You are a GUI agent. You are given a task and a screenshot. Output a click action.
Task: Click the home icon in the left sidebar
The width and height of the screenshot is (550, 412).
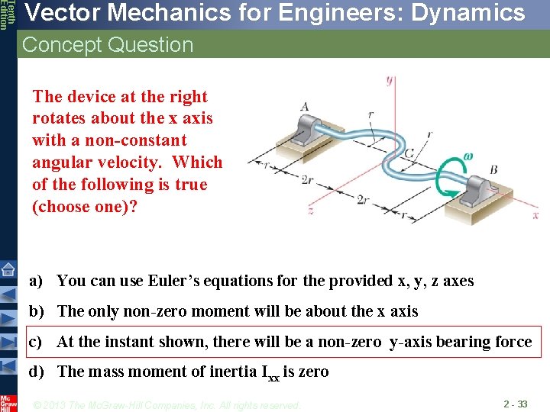pyautogui.click(x=8, y=269)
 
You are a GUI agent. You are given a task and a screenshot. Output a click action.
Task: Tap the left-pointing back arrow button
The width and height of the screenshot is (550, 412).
pyautogui.click(x=8, y=294)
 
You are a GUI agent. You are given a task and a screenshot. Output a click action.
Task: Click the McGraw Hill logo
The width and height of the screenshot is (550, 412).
pyautogui.click(x=8, y=402)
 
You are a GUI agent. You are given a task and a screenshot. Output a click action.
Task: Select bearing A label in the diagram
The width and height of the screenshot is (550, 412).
pyautogui.click(x=305, y=106)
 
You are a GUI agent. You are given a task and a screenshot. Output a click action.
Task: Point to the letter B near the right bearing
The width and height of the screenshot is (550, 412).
pyautogui.click(x=493, y=169)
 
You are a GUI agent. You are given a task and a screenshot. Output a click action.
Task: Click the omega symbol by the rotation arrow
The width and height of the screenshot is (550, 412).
pyautogui.click(x=467, y=157)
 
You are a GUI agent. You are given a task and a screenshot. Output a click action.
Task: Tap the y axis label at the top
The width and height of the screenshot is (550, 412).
pyautogui.click(x=390, y=79)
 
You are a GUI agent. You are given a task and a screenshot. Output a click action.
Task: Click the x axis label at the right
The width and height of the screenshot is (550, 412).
pyautogui.click(x=535, y=215)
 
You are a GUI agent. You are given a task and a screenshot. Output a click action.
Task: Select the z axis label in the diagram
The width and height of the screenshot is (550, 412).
pyautogui.click(x=310, y=208)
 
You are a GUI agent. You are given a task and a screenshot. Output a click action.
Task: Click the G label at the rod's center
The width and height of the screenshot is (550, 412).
pyautogui.click(x=410, y=154)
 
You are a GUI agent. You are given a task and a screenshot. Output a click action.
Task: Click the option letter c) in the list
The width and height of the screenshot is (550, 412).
pyautogui.click(x=35, y=342)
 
